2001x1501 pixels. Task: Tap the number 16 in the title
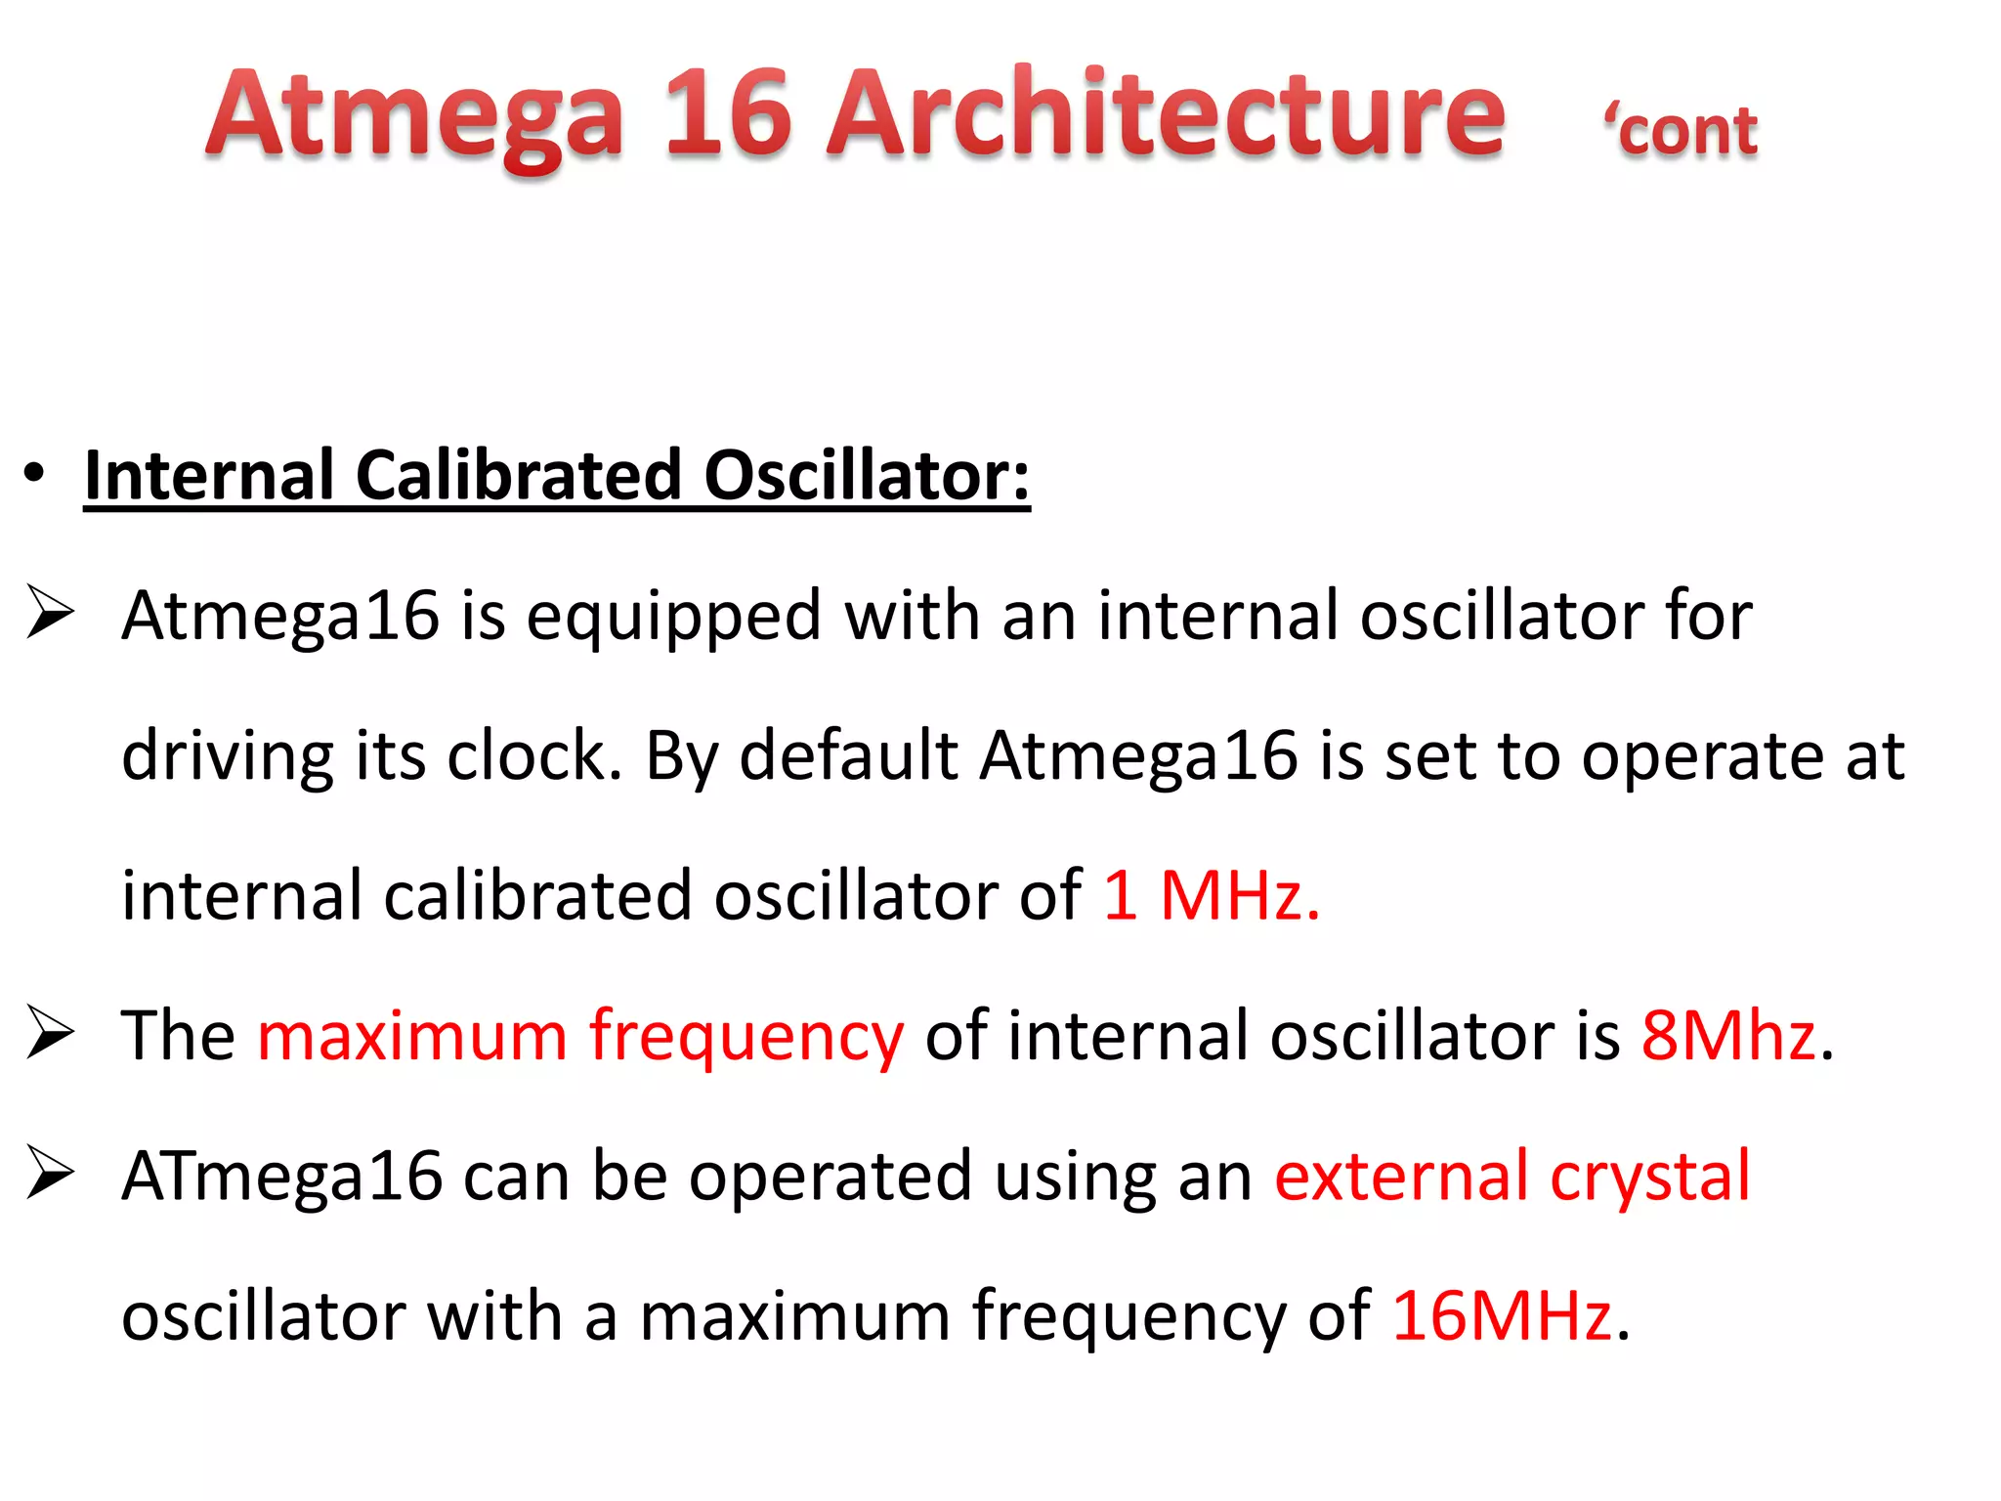[x=727, y=115]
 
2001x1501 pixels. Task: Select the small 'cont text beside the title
[x=1681, y=131]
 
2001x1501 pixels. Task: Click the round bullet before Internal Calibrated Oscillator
[x=35, y=474]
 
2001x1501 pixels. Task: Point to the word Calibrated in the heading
[x=518, y=476]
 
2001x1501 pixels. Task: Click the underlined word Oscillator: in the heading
[x=866, y=476]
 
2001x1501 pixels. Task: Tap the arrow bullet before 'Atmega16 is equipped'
[x=51, y=613]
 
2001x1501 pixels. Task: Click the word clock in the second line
[x=533, y=756]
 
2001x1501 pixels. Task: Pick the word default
[x=848, y=756]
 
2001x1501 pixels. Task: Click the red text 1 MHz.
[x=1212, y=896]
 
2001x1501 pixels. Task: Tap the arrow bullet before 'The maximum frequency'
[x=51, y=1032]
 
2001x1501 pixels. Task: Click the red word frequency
[x=746, y=1038]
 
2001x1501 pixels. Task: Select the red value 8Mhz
[x=1727, y=1036]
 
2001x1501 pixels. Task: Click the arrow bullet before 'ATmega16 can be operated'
[x=51, y=1173]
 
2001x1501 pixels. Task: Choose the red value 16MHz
[x=1501, y=1316]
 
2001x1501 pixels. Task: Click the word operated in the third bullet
[x=830, y=1179]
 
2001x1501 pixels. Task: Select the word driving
[x=228, y=758]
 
